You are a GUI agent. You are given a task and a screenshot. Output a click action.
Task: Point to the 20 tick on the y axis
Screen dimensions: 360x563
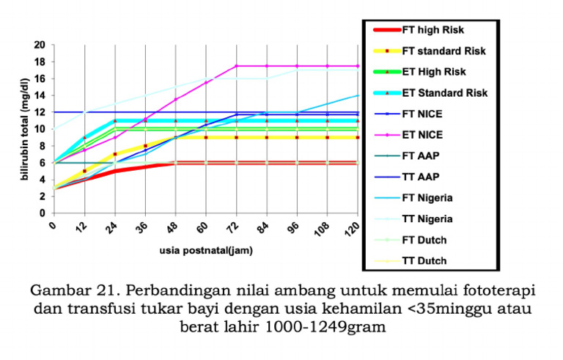tap(40, 45)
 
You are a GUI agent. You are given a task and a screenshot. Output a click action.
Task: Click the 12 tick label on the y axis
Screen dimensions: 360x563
tap(40, 112)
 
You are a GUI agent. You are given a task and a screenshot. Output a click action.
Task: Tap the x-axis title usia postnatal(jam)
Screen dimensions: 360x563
tap(206, 251)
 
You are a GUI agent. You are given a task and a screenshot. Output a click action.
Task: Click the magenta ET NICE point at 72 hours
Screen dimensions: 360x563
tap(236, 66)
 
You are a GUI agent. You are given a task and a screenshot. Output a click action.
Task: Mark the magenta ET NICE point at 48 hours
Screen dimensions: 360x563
tap(175, 99)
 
